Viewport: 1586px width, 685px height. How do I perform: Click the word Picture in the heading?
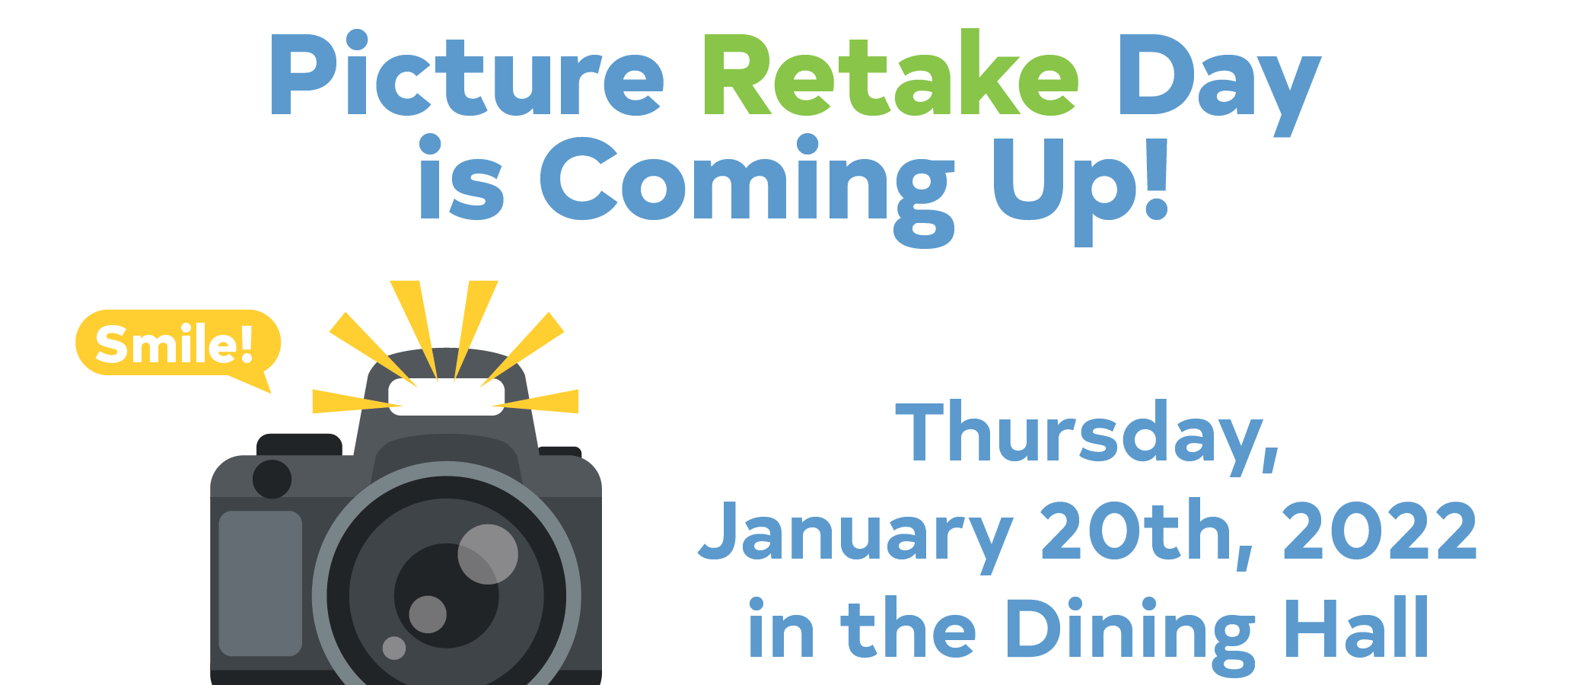pyautogui.click(x=467, y=74)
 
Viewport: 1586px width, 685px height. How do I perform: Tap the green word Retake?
pyautogui.click(x=889, y=73)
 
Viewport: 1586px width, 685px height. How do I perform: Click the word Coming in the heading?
pyautogui.click(x=747, y=190)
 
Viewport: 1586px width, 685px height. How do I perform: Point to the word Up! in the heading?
pyautogui.click(x=1080, y=190)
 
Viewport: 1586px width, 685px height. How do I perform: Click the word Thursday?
pyautogui.click(x=1088, y=435)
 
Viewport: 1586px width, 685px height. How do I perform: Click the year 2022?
pyautogui.click(x=1380, y=530)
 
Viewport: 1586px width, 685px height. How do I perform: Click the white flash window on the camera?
pyautogui.click(x=447, y=397)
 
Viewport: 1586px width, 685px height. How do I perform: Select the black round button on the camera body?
pyautogui.click(x=272, y=479)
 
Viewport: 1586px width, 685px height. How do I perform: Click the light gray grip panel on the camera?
pyautogui.click(x=260, y=583)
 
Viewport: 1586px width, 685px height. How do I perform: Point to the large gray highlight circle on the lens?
pyautogui.click(x=488, y=554)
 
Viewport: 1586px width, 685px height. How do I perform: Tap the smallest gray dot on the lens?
pyautogui.click(x=394, y=648)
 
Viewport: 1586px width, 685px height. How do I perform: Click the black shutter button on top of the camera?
pyautogui.click(x=299, y=444)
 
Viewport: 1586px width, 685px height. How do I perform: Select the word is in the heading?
pyautogui.click(x=461, y=179)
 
